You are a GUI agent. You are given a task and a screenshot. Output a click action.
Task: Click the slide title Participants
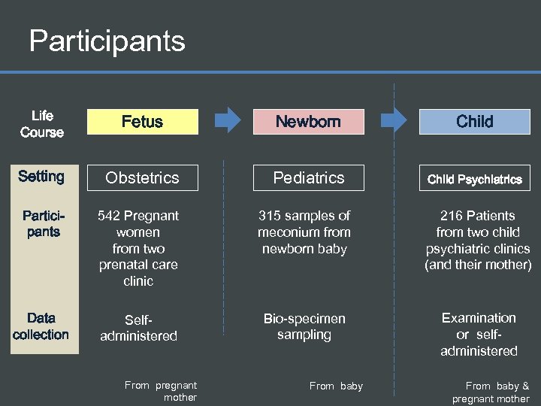tap(107, 41)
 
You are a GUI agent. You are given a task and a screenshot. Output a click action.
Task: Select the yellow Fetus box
tap(143, 122)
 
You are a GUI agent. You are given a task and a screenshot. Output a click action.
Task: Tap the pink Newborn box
tap(308, 122)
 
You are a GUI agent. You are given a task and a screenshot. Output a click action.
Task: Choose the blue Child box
tap(474, 122)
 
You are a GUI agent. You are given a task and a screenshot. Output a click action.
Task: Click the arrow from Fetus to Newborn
tap(228, 119)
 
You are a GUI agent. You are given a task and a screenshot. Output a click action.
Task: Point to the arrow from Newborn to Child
tap(394, 119)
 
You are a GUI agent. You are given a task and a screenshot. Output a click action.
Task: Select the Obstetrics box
tap(143, 178)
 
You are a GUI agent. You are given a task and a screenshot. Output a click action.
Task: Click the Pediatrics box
tap(308, 178)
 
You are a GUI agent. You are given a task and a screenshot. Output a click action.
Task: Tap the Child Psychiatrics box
tap(474, 179)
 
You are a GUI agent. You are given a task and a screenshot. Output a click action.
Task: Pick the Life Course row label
tap(42, 124)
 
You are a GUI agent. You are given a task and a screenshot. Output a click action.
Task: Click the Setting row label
tap(41, 177)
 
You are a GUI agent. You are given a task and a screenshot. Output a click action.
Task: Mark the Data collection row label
tap(41, 326)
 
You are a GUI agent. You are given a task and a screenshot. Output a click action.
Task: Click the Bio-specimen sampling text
tap(304, 326)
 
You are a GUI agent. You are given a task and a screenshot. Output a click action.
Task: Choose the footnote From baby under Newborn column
tap(336, 386)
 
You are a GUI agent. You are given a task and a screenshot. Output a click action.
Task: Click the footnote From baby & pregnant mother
tap(491, 392)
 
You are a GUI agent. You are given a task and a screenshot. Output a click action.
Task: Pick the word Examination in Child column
tap(479, 318)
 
